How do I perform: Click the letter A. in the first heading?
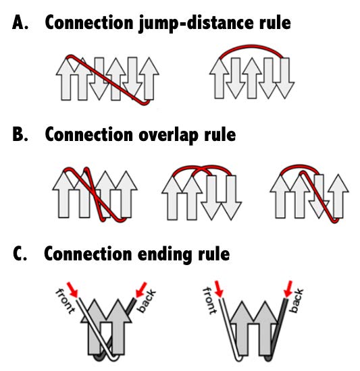click(20, 22)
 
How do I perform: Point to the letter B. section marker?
click(20, 134)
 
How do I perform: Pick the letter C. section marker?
click(20, 254)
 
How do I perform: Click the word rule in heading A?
click(275, 22)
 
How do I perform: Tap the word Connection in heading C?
click(88, 254)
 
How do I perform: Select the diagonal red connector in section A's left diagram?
click(108, 80)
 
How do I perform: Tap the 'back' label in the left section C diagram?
click(147, 300)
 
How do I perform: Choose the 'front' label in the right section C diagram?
click(209, 301)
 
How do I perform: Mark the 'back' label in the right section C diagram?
click(297, 300)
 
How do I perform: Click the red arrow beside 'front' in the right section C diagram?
click(219, 289)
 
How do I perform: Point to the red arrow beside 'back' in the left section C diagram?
click(141, 289)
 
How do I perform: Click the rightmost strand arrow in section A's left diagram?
click(149, 78)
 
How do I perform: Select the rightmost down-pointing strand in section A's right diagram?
click(284, 78)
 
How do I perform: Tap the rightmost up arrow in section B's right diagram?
click(338, 196)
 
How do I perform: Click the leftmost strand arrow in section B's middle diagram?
click(172, 198)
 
